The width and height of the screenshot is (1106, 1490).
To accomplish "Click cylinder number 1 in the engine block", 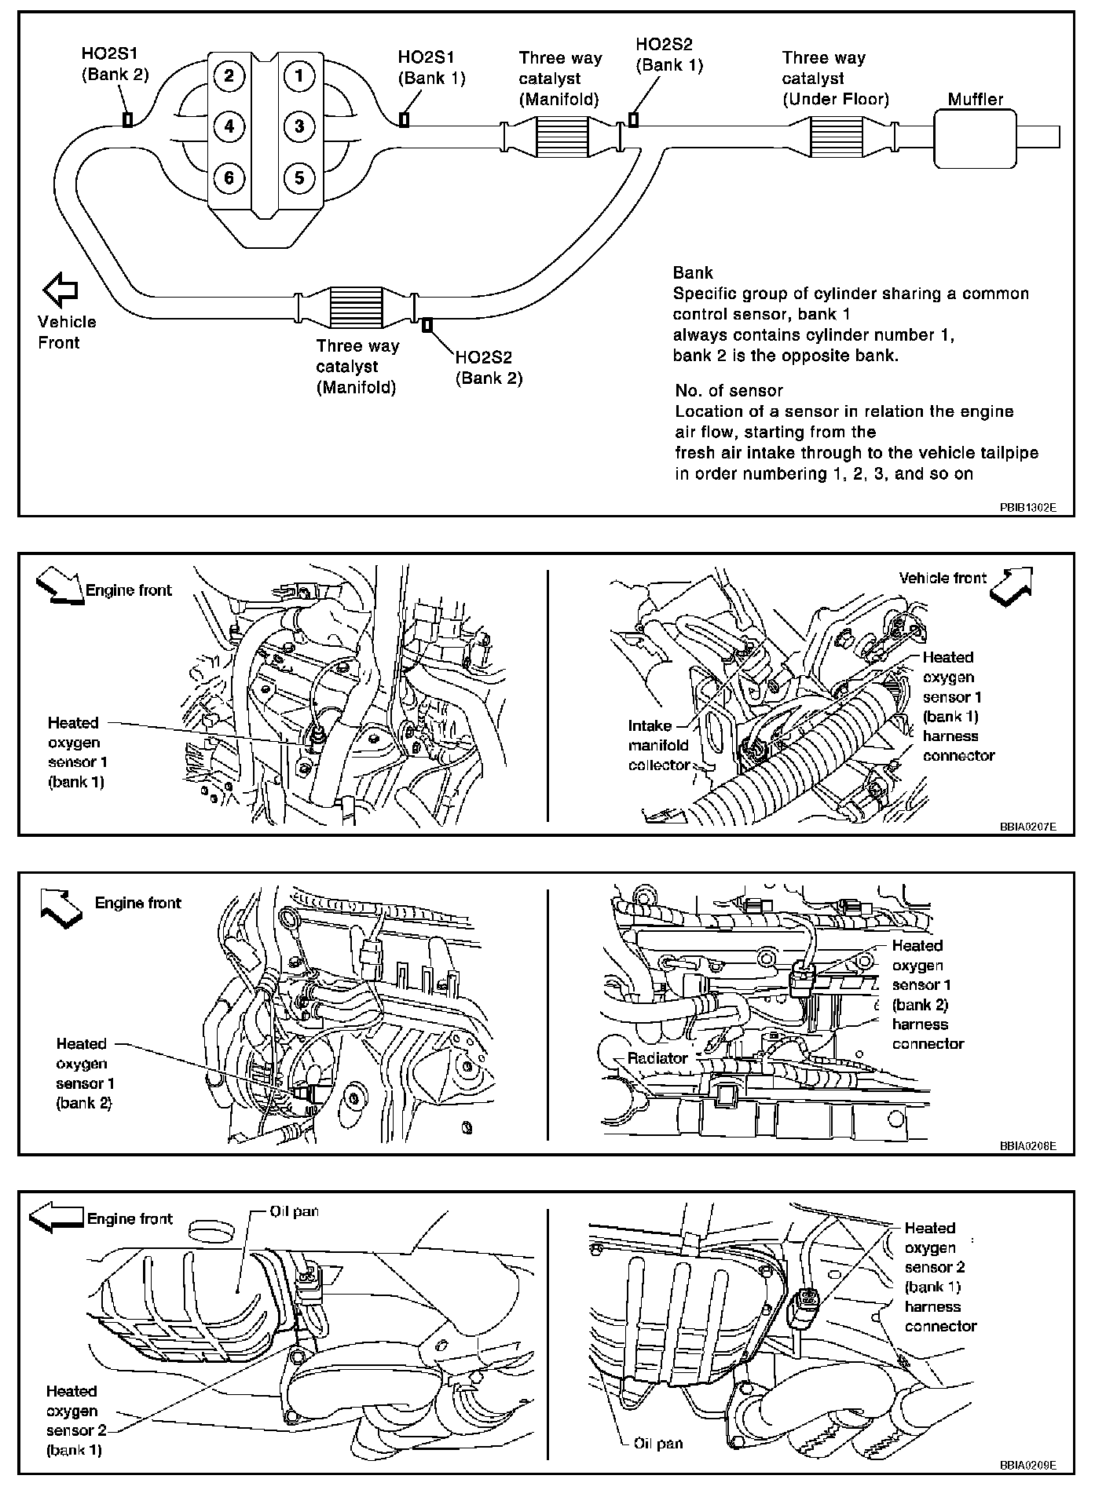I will click(298, 76).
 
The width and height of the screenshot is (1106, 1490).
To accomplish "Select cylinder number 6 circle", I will click(229, 177).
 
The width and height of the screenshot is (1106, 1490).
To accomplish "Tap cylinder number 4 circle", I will click(229, 126).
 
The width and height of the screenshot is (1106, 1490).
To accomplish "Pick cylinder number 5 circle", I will click(298, 177).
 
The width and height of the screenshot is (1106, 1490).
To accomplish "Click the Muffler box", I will click(975, 138).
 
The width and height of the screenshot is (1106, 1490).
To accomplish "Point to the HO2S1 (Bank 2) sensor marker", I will click(126, 119).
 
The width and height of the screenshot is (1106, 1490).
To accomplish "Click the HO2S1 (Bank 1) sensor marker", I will click(405, 119).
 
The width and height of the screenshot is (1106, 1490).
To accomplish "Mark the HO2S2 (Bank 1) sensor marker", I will click(633, 119).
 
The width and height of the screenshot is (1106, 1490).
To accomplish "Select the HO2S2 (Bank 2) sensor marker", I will click(427, 324).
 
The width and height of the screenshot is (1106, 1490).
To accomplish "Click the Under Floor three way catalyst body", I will click(837, 138).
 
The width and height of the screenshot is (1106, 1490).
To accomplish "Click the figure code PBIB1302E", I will click(1027, 507).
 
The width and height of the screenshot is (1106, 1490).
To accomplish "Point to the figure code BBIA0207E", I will click(1027, 827).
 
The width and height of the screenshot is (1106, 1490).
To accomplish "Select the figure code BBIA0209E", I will click(1027, 1465).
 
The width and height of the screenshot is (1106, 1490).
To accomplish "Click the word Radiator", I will click(657, 1057).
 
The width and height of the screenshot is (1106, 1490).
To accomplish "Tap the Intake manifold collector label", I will click(658, 745).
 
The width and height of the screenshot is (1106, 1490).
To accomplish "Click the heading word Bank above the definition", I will click(693, 272).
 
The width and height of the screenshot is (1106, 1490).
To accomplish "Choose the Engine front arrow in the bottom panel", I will click(56, 1218).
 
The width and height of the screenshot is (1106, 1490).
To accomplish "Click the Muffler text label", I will click(975, 99).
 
